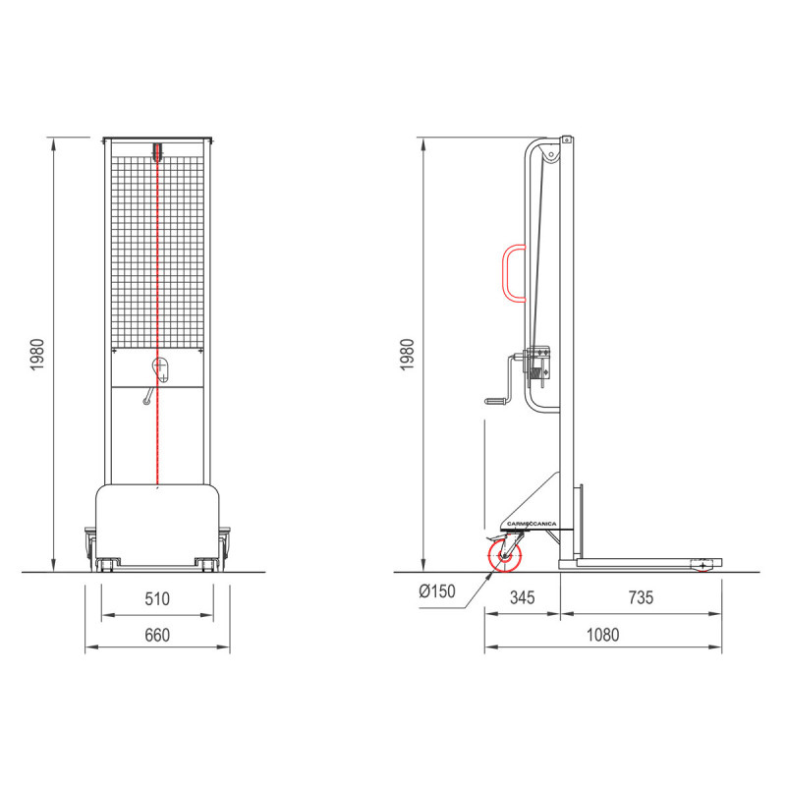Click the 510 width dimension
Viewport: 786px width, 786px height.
157,599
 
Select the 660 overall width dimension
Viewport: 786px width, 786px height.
157,635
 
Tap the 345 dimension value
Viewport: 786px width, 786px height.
523,597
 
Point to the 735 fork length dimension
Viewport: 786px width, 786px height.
641,597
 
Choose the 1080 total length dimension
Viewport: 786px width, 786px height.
603,635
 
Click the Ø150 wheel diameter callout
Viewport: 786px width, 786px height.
437,591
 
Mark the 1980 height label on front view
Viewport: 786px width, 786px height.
37,355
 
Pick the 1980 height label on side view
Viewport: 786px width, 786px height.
408,355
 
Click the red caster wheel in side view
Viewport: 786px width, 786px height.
505,556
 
